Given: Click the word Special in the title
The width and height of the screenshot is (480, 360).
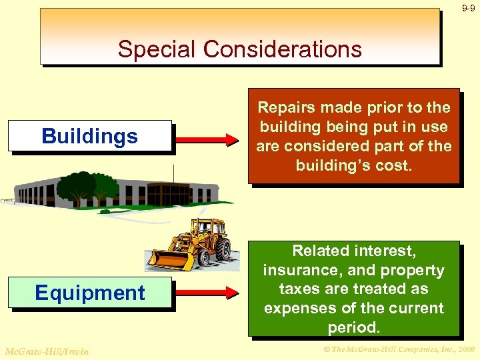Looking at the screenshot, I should (x=157, y=49).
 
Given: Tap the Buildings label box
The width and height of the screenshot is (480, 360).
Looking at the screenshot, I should (x=90, y=137).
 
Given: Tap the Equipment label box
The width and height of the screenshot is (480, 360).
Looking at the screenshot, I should (x=90, y=293).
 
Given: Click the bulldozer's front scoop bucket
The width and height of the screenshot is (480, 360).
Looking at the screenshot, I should (x=164, y=259).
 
